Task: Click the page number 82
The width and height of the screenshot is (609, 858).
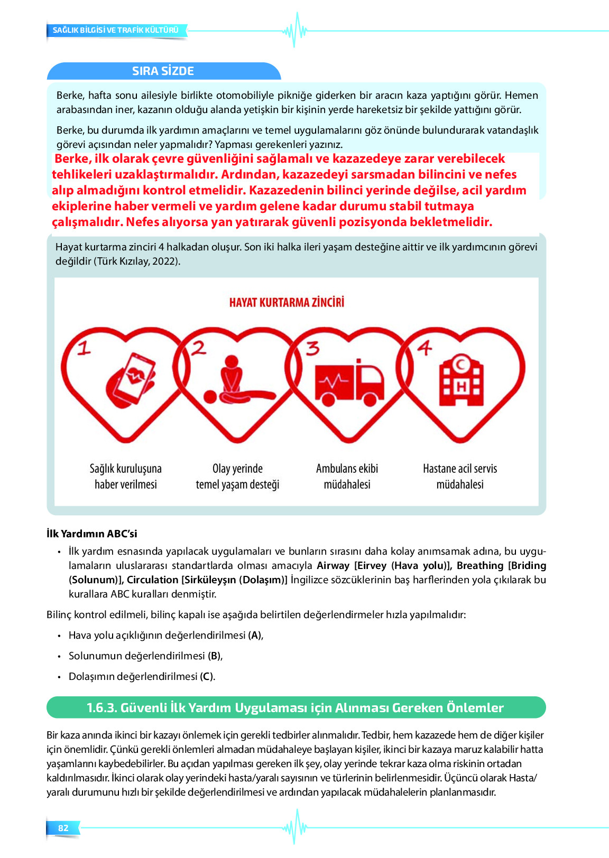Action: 63,828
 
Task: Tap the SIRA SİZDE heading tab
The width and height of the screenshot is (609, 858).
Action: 163,71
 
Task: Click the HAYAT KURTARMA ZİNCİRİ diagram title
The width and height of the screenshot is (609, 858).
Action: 287,302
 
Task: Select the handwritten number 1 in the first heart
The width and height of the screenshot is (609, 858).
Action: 84,349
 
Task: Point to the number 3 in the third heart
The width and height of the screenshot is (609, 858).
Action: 313,349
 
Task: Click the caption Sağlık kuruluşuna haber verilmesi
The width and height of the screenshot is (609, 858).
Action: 126,477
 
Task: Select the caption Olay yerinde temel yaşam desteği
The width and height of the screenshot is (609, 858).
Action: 237,477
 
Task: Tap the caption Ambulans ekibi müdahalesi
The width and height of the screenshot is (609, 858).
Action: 347,477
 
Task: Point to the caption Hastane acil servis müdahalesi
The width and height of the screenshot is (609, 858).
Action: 460,477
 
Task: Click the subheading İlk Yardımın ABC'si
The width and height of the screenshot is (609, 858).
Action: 92,534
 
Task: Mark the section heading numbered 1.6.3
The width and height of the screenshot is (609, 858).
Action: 295,707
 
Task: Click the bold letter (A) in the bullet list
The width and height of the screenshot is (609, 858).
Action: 255,636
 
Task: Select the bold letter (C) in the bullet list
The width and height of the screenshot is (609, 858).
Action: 207,677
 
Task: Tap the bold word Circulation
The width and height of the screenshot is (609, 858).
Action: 153,580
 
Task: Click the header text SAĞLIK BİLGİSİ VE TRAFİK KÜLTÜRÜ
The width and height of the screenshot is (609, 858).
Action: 116,30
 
